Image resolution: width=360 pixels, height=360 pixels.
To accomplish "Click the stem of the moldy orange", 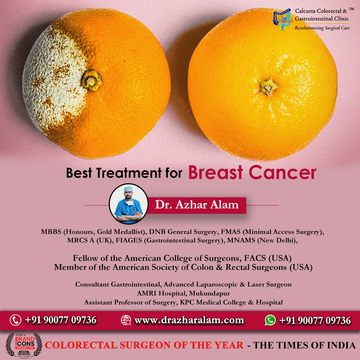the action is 91,80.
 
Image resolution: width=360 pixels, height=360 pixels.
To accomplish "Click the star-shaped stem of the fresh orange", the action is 268,87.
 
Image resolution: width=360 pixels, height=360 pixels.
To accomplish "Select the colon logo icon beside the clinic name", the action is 282,19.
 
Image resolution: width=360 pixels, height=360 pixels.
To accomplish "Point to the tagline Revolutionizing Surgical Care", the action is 322,28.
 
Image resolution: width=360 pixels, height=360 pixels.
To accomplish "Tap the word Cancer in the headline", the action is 283,173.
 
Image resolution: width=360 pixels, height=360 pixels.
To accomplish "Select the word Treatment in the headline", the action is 129,173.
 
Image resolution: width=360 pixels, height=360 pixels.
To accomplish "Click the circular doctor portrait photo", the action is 129,204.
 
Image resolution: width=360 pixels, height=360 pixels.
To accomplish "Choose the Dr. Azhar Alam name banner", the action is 197,205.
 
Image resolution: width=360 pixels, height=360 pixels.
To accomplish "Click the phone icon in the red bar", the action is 15,320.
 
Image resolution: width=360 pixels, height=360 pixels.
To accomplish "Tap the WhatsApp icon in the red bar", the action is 270,320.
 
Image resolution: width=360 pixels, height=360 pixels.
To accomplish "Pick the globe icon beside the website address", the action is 126,320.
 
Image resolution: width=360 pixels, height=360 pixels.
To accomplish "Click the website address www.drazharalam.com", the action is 189,320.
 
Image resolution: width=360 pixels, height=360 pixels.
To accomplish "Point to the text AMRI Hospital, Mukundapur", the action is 183,293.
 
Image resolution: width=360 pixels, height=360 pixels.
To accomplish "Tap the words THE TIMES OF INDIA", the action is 304,345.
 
